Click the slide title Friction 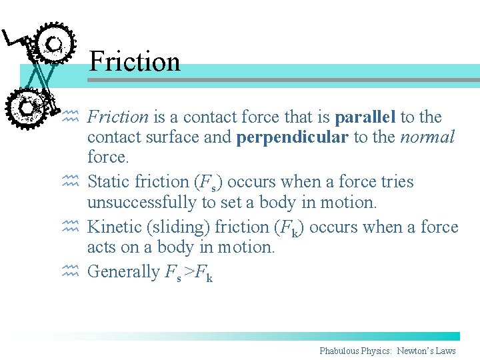[x=134, y=61]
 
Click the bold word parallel [x=366, y=117]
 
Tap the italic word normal [x=427, y=138]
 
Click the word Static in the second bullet [x=109, y=182]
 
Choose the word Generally [x=123, y=272]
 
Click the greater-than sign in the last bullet [x=190, y=273]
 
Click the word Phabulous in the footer [x=338, y=351]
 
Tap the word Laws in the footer [x=445, y=351]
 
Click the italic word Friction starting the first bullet [x=118, y=117]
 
